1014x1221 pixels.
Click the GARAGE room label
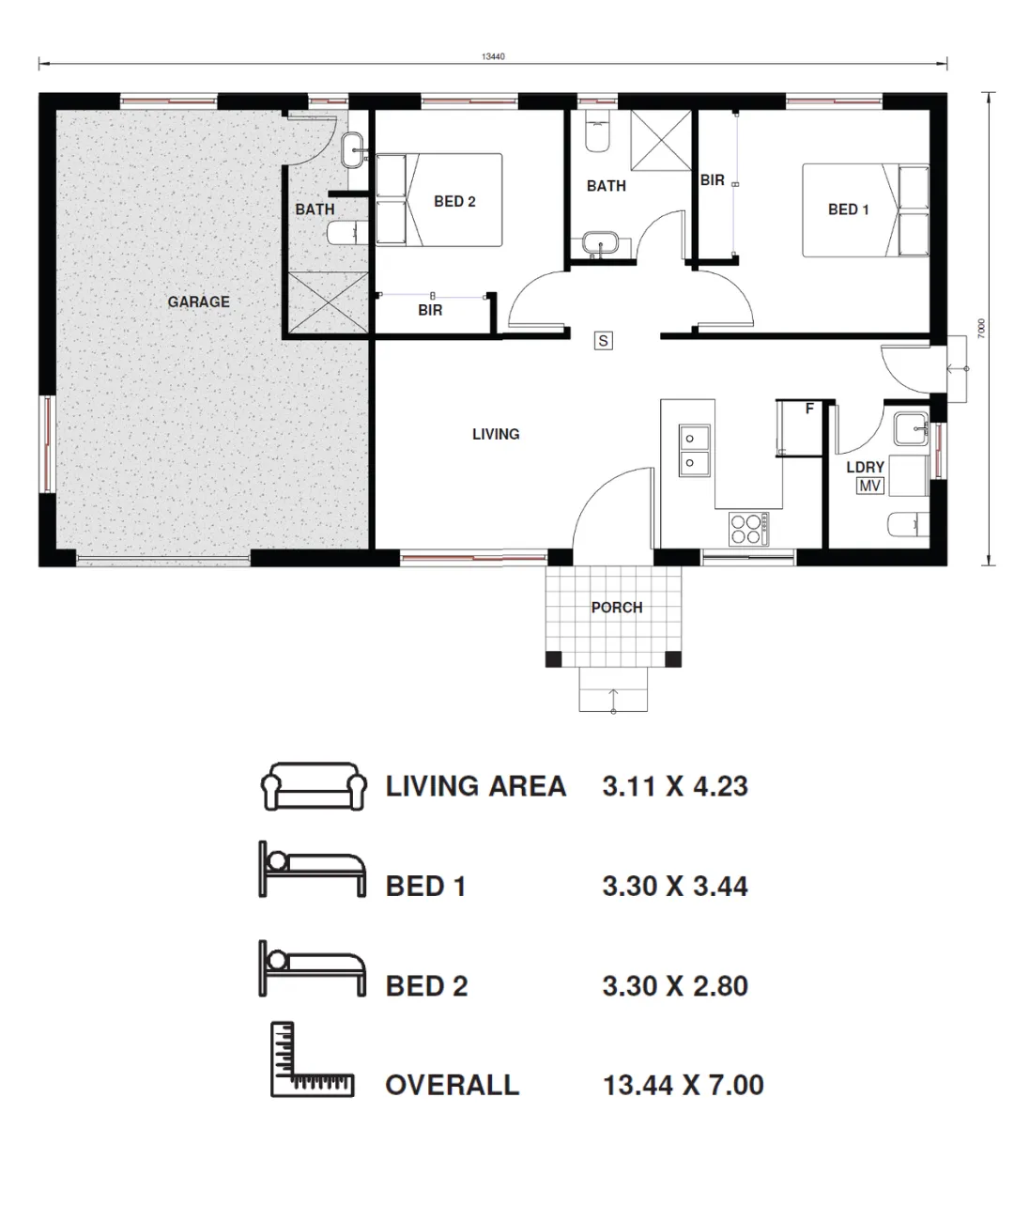coord(199,301)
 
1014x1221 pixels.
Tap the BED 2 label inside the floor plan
coord(454,201)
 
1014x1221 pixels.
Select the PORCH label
coord(617,608)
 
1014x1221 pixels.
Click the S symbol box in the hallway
coord(603,340)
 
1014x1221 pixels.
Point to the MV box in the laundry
coord(869,486)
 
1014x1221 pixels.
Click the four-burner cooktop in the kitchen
coord(748,528)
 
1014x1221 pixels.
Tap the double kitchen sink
coord(694,450)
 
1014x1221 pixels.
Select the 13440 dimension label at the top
coord(493,56)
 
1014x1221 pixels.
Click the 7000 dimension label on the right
coord(981,328)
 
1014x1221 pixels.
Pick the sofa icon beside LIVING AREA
coord(314,786)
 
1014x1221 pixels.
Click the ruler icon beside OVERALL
coord(312,1059)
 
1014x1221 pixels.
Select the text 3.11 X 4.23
coord(675,786)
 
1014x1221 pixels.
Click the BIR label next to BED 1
coord(713,180)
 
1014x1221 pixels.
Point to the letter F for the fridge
coord(809,409)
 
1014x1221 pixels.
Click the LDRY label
coord(865,467)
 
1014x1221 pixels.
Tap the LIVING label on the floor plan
coord(496,434)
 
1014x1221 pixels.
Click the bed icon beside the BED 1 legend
coord(313,870)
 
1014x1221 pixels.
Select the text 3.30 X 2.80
coord(675,986)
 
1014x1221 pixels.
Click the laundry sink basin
coord(910,428)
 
